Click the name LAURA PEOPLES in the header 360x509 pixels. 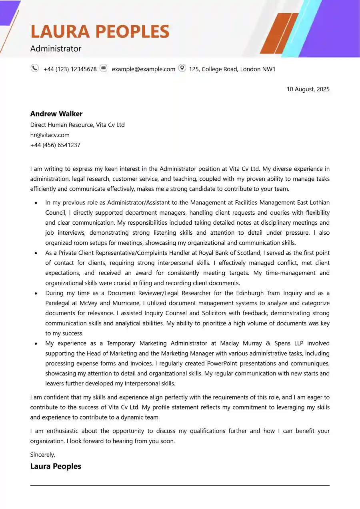click(100, 31)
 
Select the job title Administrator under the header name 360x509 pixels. click(56, 49)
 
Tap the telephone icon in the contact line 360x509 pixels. click(35, 68)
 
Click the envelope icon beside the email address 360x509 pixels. click(104, 68)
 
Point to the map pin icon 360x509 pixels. click(182, 68)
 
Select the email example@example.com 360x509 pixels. click(143, 69)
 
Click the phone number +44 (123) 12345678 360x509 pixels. click(70, 69)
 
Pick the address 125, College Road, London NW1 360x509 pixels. click(232, 69)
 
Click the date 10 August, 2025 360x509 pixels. click(308, 89)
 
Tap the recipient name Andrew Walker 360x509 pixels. click(56, 114)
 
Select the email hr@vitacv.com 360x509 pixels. click(50, 135)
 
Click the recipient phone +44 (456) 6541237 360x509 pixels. click(55, 145)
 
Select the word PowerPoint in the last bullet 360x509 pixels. click(222, 363)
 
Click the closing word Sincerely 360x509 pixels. click(42, 455)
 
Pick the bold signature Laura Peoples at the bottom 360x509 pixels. click(56, 466)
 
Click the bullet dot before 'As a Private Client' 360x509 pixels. click(36, 253)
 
